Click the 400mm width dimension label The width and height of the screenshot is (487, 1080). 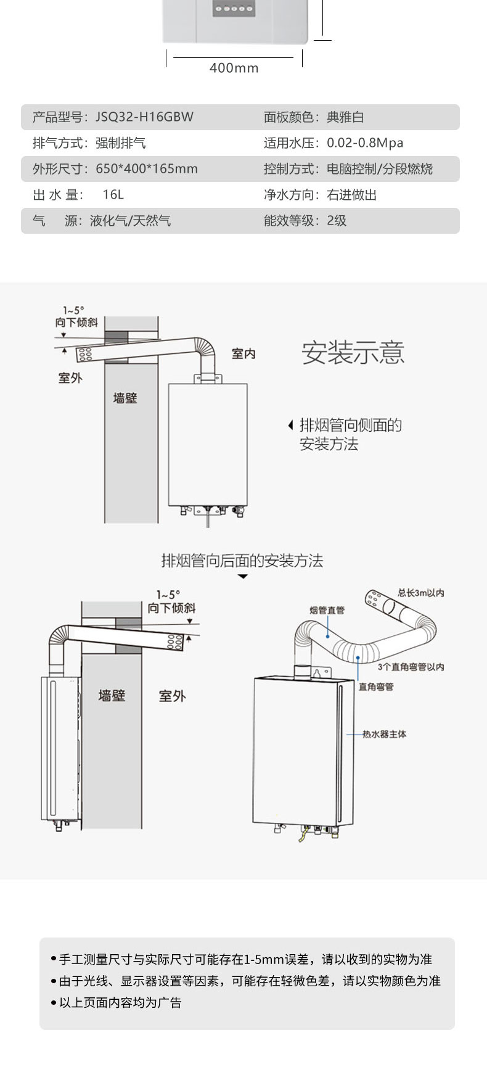click(234, 68)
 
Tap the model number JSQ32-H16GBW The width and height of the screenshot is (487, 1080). click(144, 117)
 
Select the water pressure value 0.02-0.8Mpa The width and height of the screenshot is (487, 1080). click(365, 143)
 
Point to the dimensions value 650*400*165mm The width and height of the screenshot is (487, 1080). click(147, 169)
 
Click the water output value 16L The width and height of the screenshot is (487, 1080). click(113, 195)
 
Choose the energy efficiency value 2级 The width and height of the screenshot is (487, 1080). click(337, 221)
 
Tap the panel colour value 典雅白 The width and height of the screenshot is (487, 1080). click(345, 117)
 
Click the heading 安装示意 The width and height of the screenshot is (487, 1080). click(353, 353)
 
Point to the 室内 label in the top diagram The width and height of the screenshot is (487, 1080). click(243, 354)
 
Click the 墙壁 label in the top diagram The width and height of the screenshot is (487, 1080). click(125, 398)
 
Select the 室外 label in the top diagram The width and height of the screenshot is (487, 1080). click(70, 378)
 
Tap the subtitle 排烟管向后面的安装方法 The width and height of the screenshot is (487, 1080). click(242, 561)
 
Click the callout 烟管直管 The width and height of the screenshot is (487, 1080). click(327, 611)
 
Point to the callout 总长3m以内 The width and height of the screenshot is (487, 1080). click(420, 593)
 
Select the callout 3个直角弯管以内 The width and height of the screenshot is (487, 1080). click(411, 667)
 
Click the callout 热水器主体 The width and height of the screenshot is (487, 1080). click(384, 735)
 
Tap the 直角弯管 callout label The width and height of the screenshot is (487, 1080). click(376, 686)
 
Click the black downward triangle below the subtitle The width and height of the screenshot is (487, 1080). click(243, 577)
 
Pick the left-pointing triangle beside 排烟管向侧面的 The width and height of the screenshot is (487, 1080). click(291, 426)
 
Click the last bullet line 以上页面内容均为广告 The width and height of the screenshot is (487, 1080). click(120, 1003)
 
